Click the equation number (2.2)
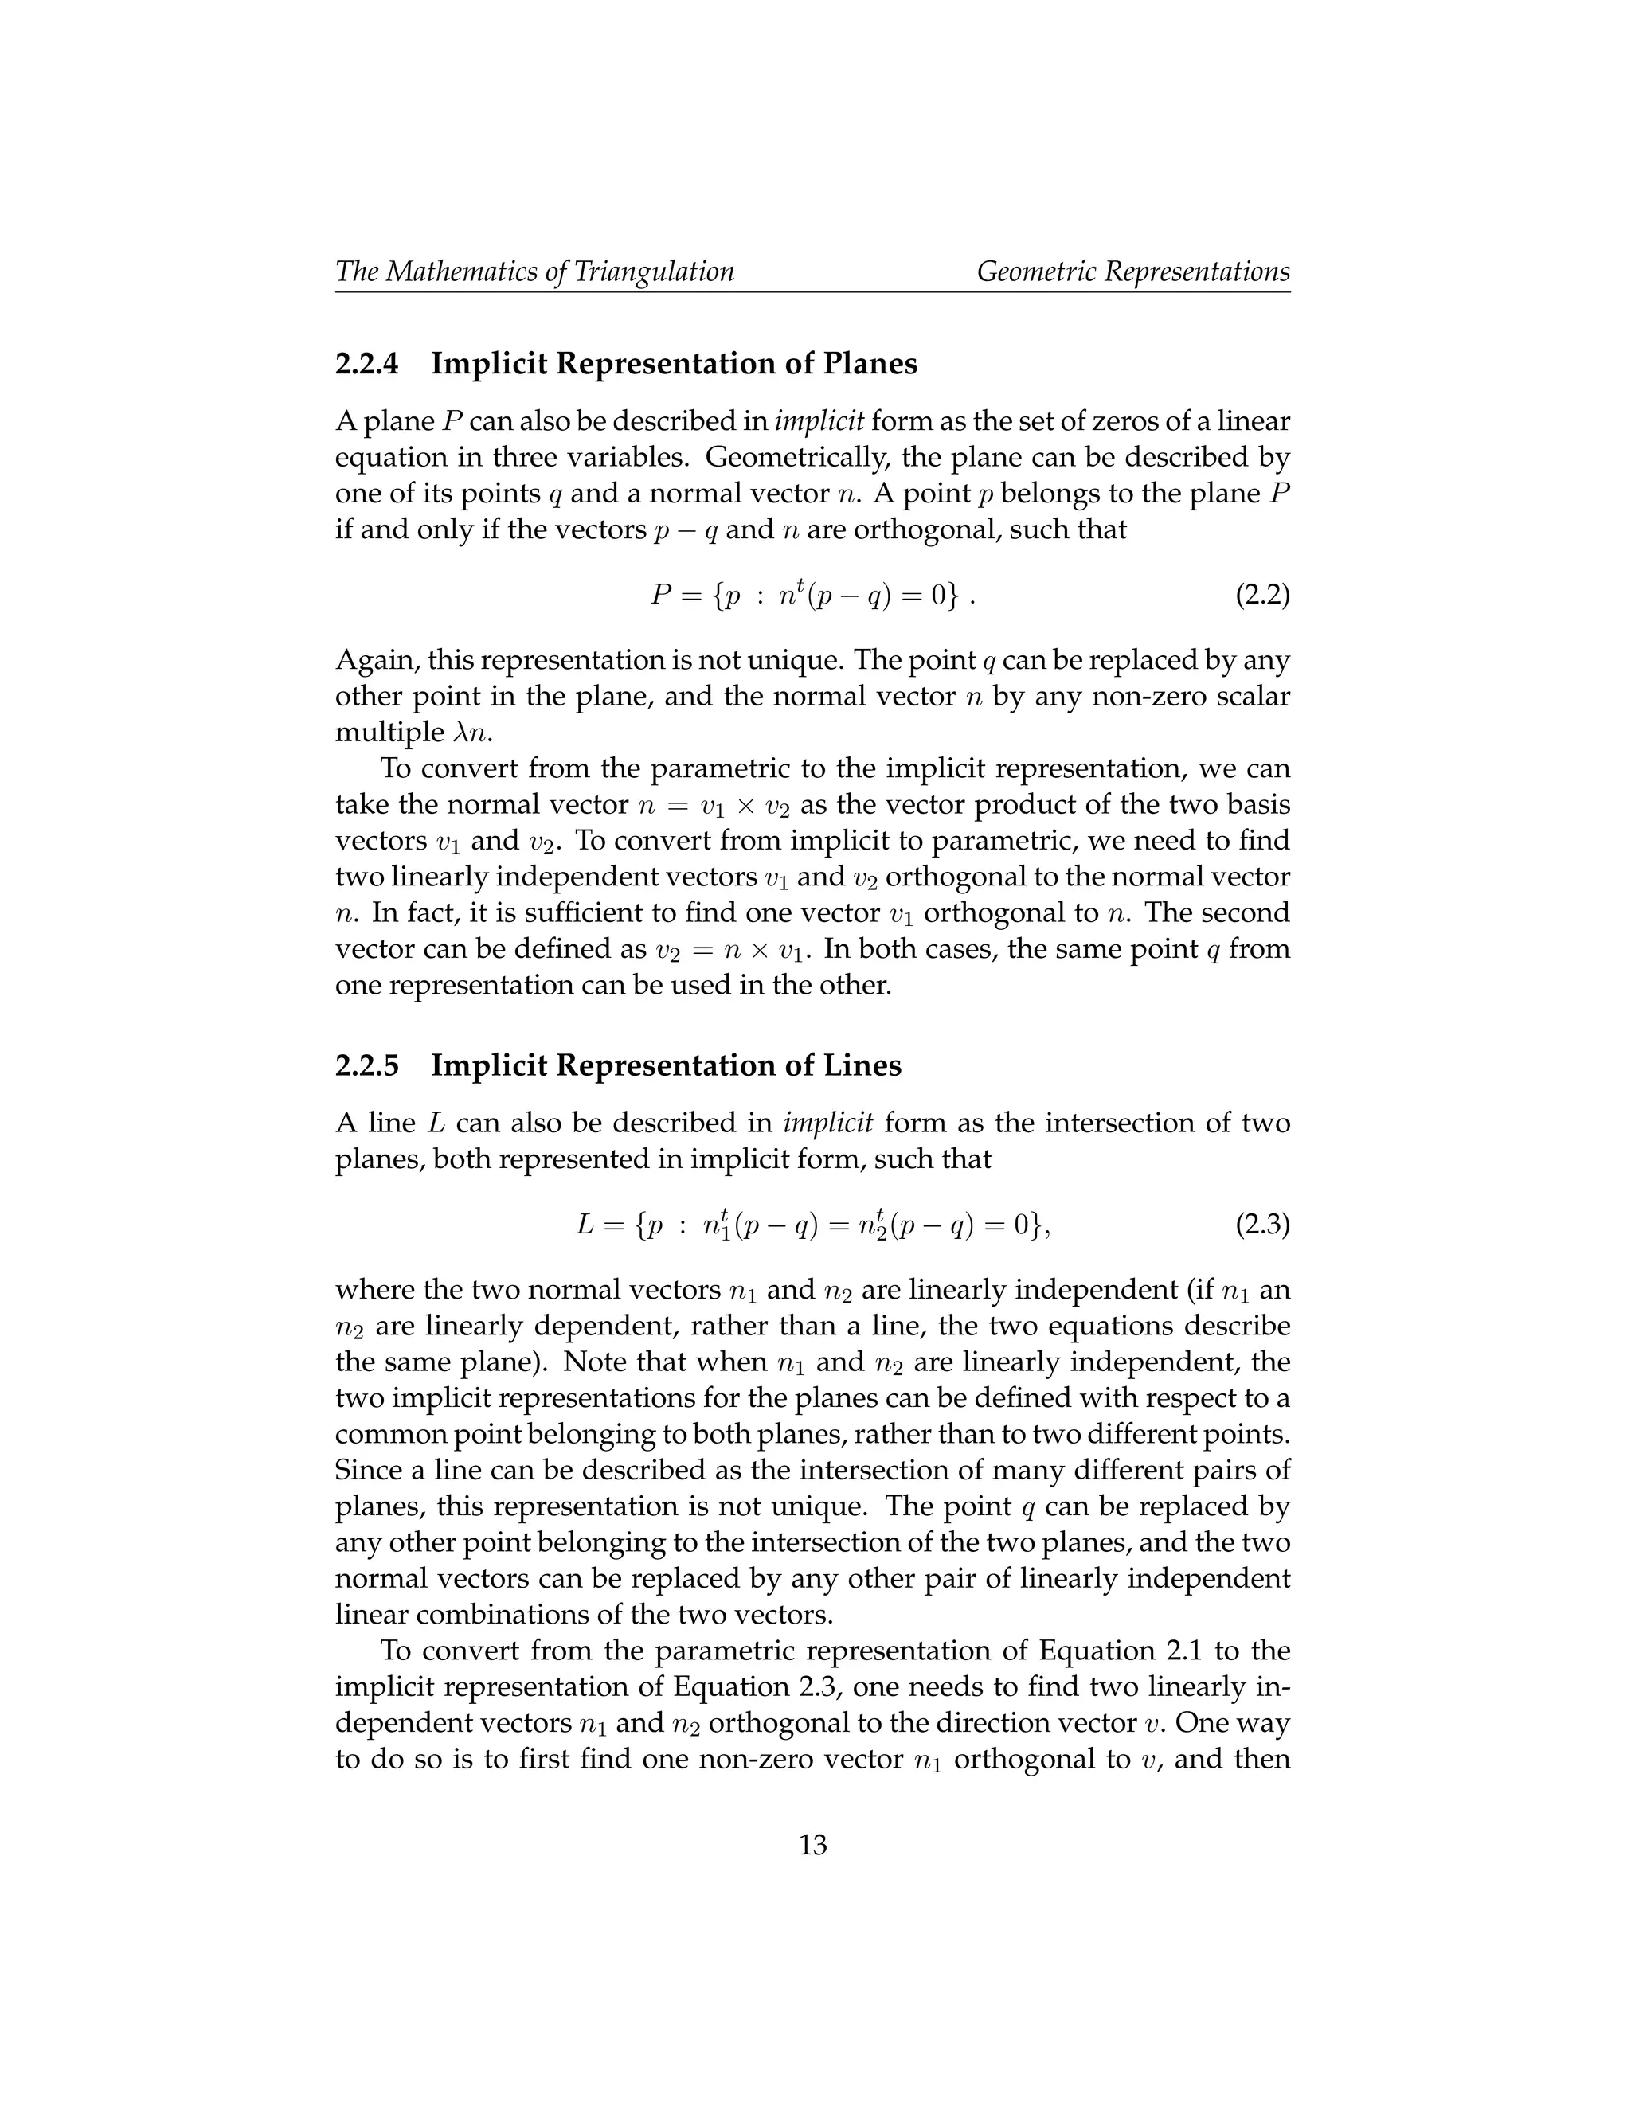coord(1262,594)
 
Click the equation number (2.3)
coord(1262,1226)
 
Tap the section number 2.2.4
coord(366,364)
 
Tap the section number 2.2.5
coord(366,1065)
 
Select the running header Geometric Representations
coord(1132,272)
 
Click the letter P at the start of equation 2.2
coord(661,594)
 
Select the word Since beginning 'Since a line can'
coord(369,1471)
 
